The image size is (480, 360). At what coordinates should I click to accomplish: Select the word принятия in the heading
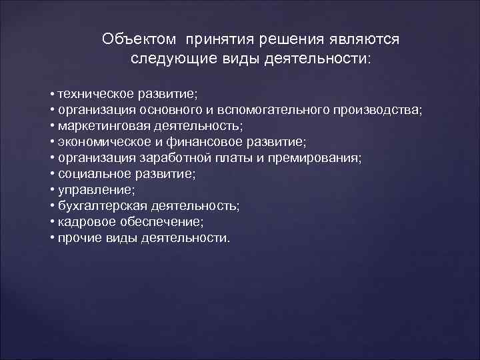pyautogui.click(x=215, y=39)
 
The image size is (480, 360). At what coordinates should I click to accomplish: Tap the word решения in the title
pyautogui.click(x=286, y=39)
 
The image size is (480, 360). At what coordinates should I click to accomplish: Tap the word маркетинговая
pyautogui.click(x=99, y=125)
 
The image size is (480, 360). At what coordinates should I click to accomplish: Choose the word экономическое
pyautogui.click(x=101, y=141)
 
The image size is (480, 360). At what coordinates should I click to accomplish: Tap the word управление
pyautogui.click(x=88, y=190)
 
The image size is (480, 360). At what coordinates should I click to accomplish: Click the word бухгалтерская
pyautogui.click(x=97, y=206)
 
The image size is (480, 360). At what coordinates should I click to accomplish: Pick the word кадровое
pyautogui.click(x=83, y=222)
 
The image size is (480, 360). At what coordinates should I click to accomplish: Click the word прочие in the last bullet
pyautogui.click(x=79, y=238)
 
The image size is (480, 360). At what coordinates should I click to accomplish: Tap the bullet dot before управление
pyautogui.click(x=52, y=190)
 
